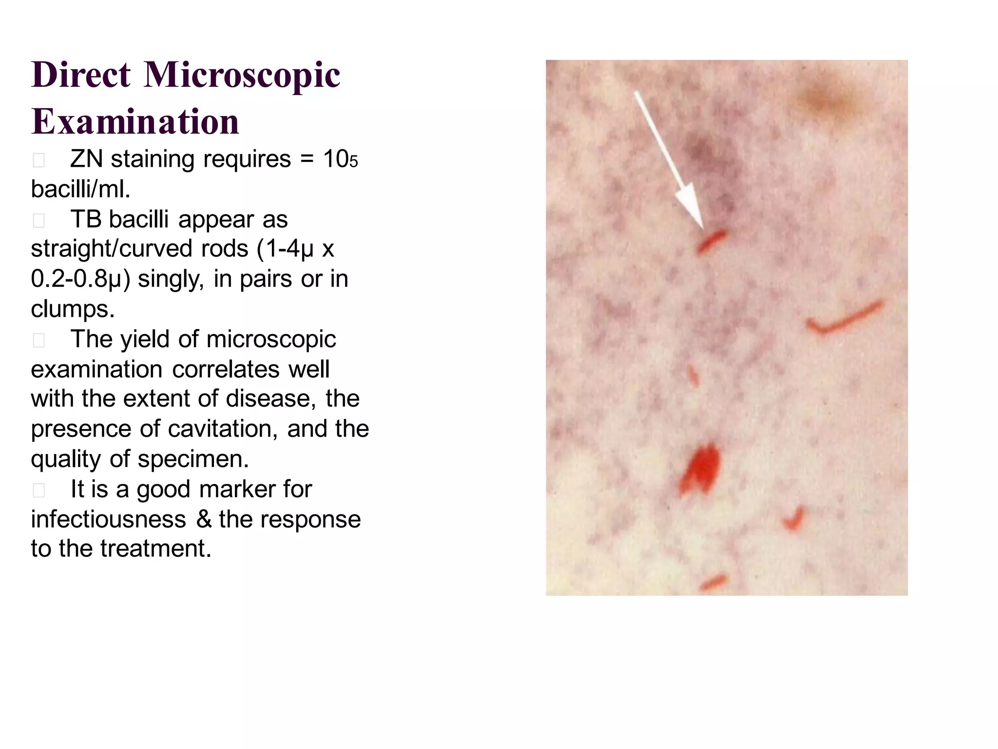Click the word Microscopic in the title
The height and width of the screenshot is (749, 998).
point(242,76)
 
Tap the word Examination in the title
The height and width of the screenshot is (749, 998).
point(135,122)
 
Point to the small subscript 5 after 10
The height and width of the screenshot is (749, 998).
point(354,162)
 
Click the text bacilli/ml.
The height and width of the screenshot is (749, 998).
point(80,189)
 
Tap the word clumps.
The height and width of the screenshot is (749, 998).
point(73,309)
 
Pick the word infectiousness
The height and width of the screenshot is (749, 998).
point(108,519)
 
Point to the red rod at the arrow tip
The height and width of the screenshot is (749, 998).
point(712,242)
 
